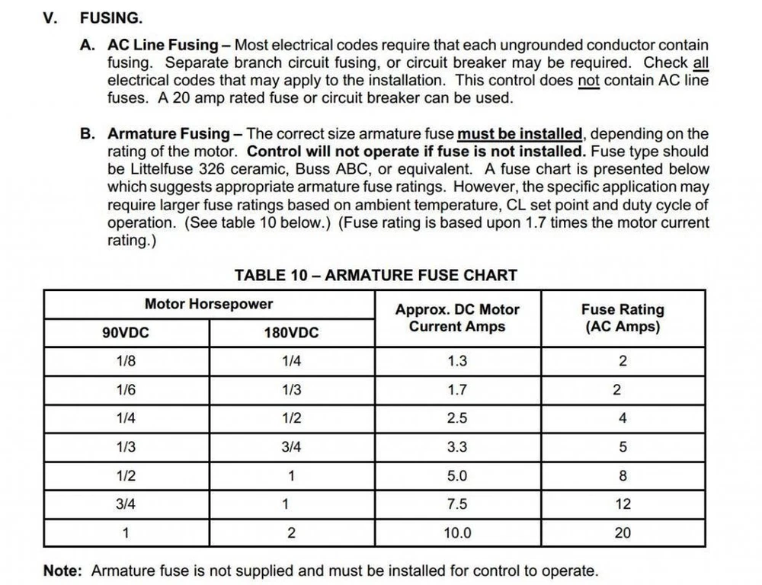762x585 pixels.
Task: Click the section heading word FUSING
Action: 110,18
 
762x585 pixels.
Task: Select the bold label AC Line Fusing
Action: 162,46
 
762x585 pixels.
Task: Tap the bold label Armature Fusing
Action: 168,134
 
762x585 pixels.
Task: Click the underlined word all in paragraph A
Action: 700,62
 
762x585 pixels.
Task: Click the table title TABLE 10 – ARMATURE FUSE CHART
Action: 376,275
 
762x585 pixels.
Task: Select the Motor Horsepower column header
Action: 208,304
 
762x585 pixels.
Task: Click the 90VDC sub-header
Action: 126,332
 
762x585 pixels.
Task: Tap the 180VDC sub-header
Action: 291,332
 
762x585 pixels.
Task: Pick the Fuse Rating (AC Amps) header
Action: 623,318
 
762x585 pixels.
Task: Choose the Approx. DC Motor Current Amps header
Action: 457,318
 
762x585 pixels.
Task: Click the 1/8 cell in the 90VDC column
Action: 126,361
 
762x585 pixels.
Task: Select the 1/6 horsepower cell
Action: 126,390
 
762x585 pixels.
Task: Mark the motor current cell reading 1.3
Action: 457,361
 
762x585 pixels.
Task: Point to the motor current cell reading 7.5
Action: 457,504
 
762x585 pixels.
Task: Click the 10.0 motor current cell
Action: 457,533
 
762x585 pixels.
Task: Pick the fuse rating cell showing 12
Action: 623,504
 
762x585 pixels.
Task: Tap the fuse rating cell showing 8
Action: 623,476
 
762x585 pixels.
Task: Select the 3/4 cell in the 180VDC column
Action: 291,447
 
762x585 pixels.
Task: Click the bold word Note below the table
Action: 63,571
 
